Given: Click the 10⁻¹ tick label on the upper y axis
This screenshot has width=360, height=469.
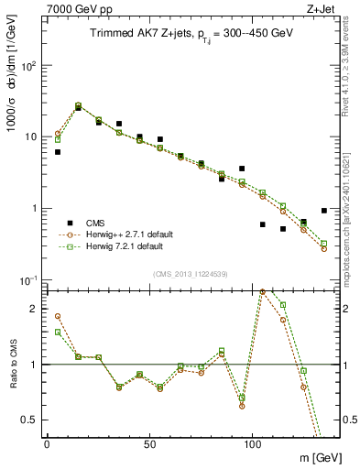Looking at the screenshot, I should [27, 279].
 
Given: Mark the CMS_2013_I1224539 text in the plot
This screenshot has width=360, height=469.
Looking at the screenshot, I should [191, 273].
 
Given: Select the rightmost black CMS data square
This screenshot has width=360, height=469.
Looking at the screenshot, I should [324, 211].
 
